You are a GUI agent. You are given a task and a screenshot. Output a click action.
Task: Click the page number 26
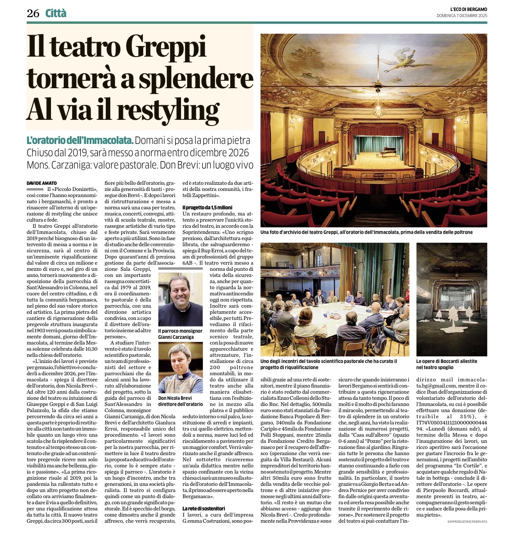[x=33, y=14]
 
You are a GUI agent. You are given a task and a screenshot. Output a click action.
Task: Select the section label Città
[x=56, y=14]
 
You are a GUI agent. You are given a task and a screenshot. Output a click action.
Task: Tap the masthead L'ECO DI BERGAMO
[x=463, y=10]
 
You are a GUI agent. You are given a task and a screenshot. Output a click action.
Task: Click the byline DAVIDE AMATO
[x=42, y=183]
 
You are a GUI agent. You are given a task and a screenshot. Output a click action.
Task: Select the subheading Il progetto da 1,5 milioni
[x=207, y=207]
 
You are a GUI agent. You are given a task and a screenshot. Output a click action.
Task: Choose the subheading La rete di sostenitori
[x=203, y=508]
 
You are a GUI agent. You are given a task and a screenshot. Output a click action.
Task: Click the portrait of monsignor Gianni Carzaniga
[x=180, y=299]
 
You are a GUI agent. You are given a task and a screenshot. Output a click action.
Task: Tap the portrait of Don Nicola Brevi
[x=180, y=368]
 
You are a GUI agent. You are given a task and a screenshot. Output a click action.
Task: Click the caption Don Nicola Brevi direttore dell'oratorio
[x=181, y=401]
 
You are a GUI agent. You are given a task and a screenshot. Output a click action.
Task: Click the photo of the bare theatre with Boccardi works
[x=451, y=299]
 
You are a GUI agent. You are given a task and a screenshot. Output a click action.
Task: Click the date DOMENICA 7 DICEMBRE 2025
[x=462, y=16]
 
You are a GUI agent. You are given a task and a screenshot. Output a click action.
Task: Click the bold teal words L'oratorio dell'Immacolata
[x=80, y=141]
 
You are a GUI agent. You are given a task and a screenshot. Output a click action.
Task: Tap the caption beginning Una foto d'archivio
[x=366, y=232]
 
